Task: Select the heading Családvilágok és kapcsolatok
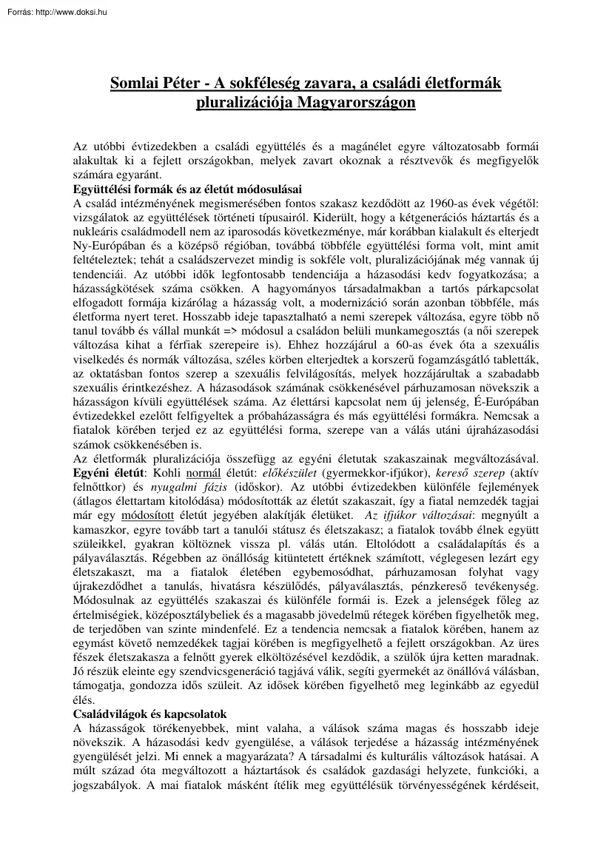pyautogui.click(x=160, y=715)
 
